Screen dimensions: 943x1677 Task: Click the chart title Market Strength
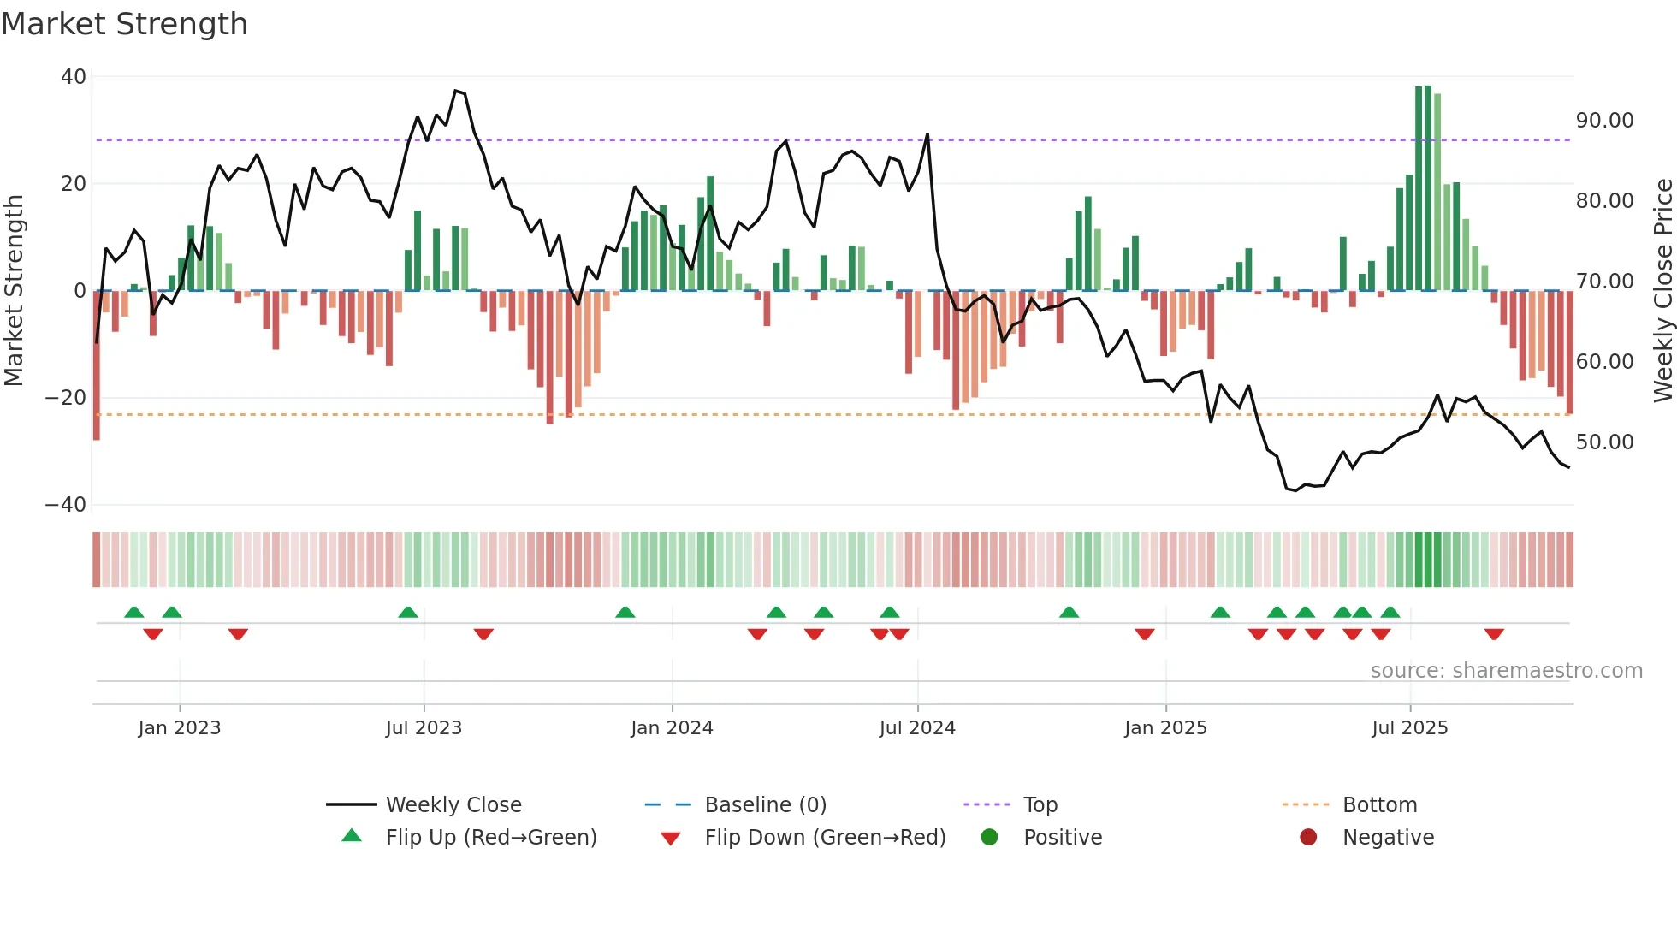(x=124, y=24)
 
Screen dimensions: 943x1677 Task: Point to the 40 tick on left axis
(x=74, y=77)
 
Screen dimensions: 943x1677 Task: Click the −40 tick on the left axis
(x=66, y=505)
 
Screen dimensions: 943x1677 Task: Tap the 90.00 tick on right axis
(x=1604, y=121)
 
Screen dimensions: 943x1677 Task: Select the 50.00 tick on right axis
(x=1604, y=442)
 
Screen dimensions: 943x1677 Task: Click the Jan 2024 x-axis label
(x=672, y=728)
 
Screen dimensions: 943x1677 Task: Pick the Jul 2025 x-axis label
(x=1409, y=728)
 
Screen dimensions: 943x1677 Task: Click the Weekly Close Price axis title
(x=1662, y=291)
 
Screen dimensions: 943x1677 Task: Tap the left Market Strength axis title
(x=15, y=291)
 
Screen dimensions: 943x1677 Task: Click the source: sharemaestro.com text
(x=1506, y=671)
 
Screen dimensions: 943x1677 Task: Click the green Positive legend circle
(x=990, y=838)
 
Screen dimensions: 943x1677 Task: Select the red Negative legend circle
(x=1308, y=838)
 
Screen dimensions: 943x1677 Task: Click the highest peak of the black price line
(x=456, y=91)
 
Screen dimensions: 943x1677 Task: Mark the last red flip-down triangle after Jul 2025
(x=1494, y=634)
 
